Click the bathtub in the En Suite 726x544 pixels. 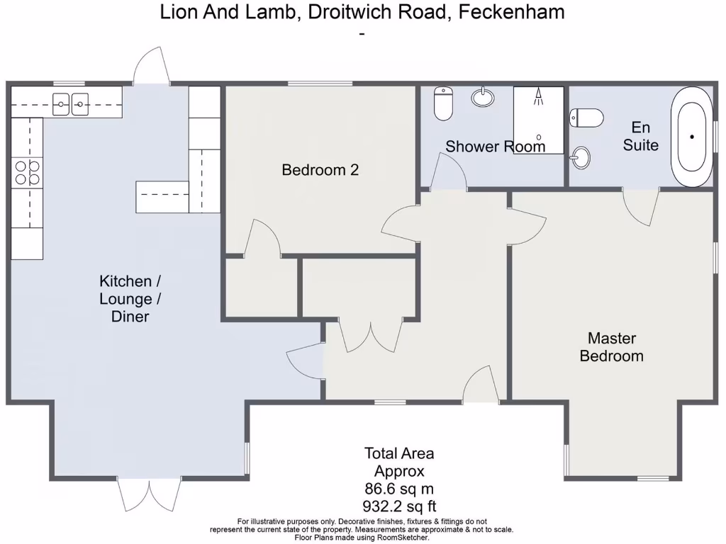click(692, 137)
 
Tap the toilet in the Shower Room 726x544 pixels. click(444, 103)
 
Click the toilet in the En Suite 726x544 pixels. click(587, 117)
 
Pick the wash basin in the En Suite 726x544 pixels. click(581, 157)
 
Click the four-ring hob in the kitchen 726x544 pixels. click(27, 172)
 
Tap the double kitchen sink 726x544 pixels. click(70, 106)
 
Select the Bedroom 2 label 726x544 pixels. click(320, 170)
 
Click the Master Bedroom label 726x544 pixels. click(611, 347)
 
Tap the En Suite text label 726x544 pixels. click(641, 136)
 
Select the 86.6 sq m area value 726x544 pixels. click(399, 489)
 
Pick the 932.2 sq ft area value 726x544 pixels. click(399, 506)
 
